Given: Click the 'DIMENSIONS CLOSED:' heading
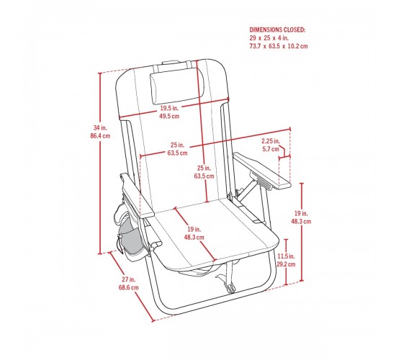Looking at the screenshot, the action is tap(277, 30).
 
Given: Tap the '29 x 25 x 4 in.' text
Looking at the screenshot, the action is tap(269, 38).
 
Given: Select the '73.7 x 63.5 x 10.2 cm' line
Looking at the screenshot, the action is tap(279, 46).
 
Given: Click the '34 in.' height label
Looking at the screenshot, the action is tap(100, 127).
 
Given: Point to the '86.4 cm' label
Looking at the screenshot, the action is tap(100, 135).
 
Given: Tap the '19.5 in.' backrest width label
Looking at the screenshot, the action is tap(169, 108).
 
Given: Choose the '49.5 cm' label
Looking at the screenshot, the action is tap(169, 116).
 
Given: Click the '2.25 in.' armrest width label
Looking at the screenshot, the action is tap(271, 140).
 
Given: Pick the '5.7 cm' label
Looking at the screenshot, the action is tap(271, 149).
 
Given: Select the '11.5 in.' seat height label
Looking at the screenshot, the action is tap(286, 256).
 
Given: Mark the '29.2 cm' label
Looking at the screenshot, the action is tap(286, 264).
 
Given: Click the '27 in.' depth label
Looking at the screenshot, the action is tap(129, 279).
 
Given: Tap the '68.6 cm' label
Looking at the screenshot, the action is tap(129, 287).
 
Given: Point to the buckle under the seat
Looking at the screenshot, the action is tap(230, 288).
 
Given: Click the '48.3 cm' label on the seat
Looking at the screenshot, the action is tap(194, 238).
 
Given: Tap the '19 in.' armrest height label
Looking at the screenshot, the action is tap(301, 213).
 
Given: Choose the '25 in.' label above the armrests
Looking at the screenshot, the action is tap(177, 145).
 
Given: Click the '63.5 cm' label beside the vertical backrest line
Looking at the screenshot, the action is tap(204, 176).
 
